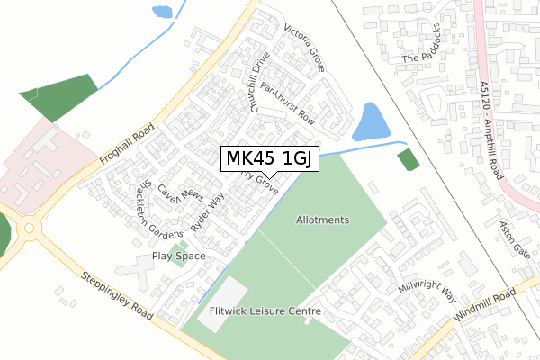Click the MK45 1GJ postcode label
click(x=268, y=159)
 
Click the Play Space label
click(x=178, y=256)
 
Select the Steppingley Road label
click(x=114, y=295)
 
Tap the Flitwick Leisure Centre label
click(x=265, y=311)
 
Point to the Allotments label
click(x=322, y=220)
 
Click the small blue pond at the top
click(x=162, y=12)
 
